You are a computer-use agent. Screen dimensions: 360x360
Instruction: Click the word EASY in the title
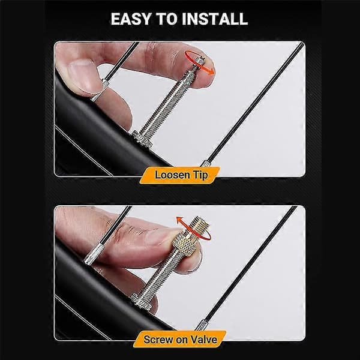click(x=130, y=19)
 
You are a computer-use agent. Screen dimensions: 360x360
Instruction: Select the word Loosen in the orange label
click(x=172, y=175)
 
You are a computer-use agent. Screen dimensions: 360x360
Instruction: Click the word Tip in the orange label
click(x=200, y=175)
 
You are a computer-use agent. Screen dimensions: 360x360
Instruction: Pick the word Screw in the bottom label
click(x=158, y=340)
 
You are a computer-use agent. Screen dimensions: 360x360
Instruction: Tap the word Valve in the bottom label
click(x=203, y=340)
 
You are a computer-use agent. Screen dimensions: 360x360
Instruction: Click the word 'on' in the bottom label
click(x=182, y=340)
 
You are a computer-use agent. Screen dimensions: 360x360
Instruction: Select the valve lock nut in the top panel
click(x=142, y=139)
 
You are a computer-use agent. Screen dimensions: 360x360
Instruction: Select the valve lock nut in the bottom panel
click(x=140, y=301)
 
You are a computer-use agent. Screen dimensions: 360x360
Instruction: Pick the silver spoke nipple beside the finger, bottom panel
click(x=94, y=254)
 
